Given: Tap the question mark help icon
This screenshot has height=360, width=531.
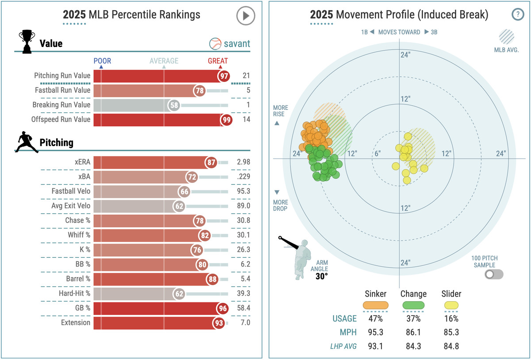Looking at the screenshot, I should click(x=517, y=15).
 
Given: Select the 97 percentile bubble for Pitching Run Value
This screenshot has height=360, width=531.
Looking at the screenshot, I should click(x=224, y=76).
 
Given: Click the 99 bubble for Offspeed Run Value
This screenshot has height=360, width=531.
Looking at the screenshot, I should click(x=226, y=120).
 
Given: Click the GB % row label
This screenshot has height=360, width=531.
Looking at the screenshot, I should click(x=81, y=308).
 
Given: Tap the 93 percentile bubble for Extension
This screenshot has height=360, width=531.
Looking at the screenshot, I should click(x=219, y=323).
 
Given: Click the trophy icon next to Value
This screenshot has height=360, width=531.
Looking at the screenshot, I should click(x=26, y=42).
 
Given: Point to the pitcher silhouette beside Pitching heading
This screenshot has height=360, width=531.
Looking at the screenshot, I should click(x=27, y=142).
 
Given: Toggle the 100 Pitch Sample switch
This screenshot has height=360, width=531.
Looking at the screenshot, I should click(x=494, y=275).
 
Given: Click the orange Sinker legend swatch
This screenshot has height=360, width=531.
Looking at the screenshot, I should click(x=375, y=305).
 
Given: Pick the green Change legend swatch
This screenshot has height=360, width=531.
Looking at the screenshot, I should click(x=413, y=305).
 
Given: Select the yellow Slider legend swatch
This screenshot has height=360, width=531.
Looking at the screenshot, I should click(x=451, y=305).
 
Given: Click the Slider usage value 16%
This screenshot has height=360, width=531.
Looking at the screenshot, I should click(x=451, y=318).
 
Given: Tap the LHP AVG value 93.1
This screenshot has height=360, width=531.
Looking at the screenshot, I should click(x=375, y=346).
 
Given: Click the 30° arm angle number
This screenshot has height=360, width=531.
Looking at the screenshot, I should click(x=321, y=276).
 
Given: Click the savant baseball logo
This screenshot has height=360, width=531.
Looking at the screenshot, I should click(x=215, y=44).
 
